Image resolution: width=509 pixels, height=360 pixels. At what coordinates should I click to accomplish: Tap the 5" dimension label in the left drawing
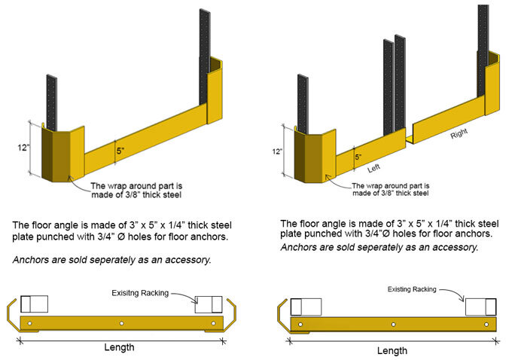(x=121, y=150)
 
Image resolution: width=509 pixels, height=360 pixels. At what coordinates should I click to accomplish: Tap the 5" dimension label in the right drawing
(x=358, y=157)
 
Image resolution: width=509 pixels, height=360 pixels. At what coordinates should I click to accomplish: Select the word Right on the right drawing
(x=459, y=136)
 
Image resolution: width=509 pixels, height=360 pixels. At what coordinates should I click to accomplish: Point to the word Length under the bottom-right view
(x=392, y=350)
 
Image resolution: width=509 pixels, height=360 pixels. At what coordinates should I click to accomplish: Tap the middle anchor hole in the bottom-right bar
(x=392, y=325)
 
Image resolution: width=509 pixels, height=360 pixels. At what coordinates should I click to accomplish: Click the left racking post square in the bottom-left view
(x=34, y=304)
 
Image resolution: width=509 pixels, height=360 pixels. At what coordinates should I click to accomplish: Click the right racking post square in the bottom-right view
(x=480, y=307)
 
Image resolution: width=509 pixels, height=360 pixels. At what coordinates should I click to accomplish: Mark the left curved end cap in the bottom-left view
(x=13, y=313)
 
